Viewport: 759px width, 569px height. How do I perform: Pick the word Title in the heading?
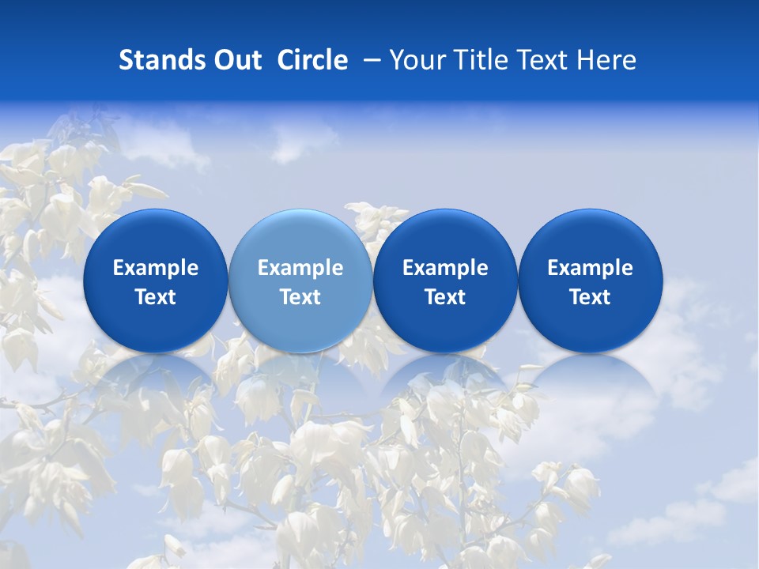(x=481, y=60)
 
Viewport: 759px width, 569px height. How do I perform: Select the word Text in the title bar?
(x=544, y=60)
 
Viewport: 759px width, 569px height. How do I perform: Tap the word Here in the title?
(x=607, y=60)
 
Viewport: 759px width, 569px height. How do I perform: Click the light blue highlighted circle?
(x=300, y=281)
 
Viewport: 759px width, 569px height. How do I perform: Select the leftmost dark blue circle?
(x=155, y=281)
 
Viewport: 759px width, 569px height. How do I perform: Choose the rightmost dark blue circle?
(x=590, y=281)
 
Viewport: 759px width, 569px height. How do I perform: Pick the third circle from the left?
(x=445, y=281)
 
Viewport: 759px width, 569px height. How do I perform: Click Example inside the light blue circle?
(x=300, y=268)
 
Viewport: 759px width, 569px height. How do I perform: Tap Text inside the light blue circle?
(x=300, y=297)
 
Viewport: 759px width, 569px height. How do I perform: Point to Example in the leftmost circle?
(x=155, y=268)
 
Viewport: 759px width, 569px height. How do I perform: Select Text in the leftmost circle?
(x=155, y=297)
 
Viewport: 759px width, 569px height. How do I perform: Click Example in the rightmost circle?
(x=590, y=268)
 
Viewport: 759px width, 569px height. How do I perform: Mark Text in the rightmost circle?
(x=590, y=297)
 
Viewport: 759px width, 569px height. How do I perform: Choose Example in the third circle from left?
(x=445, y=268)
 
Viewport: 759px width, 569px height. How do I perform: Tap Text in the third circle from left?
(x=445, y=297)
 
